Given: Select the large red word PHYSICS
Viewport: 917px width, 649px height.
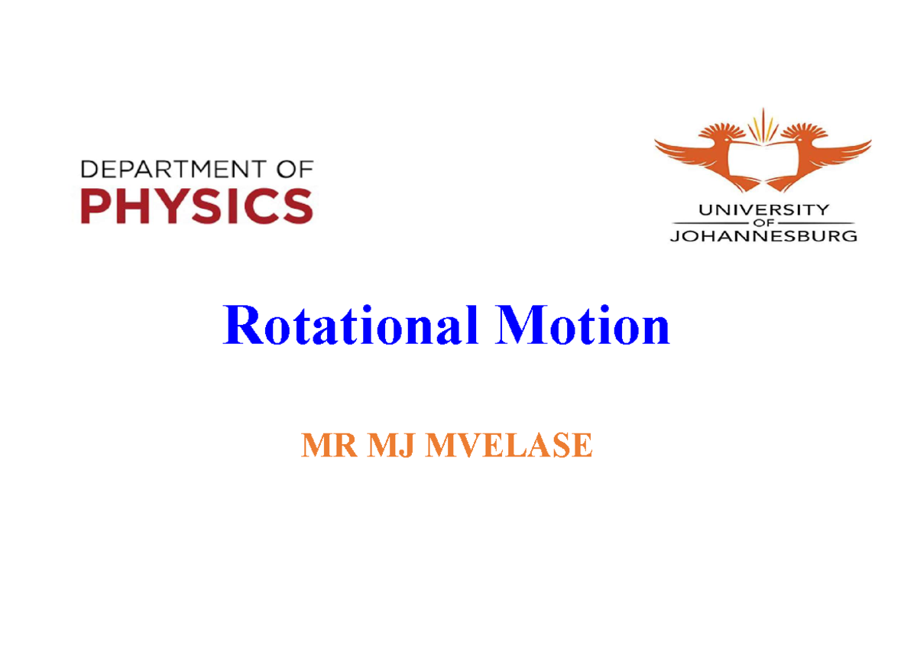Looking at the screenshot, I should [197, 205].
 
